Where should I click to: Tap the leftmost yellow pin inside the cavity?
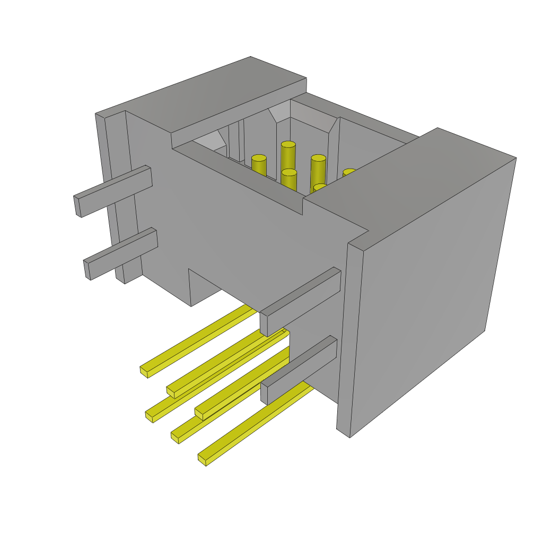click(x=259, y=165)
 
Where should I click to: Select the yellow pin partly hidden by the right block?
click(x=348, y=173)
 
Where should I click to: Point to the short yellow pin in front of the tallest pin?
click(x=289, y=180)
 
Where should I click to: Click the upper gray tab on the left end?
click(x=114, y=191)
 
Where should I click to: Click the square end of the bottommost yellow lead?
click(x=202, y=459)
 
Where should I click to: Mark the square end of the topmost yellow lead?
click(x=144, y=371)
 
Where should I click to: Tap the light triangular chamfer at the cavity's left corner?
click(x=209, y=141)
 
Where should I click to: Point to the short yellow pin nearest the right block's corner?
click(x=319, y=188)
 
